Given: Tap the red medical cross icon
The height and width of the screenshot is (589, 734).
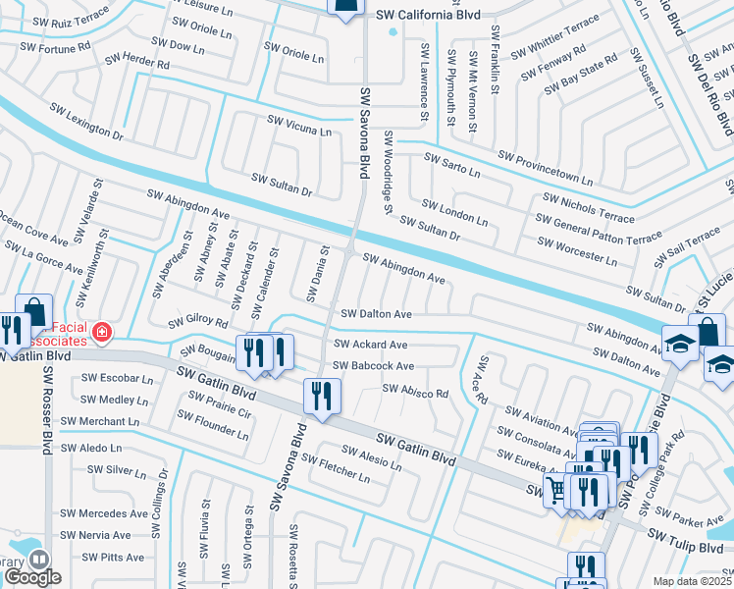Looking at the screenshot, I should (101, 335).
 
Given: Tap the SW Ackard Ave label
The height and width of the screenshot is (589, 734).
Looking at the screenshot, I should (370, 346).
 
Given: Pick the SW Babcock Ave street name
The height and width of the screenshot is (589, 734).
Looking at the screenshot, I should (373, 366).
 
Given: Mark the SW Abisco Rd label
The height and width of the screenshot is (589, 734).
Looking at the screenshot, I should (415, 391).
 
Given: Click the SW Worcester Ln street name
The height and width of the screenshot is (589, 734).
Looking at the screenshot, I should (577, 250).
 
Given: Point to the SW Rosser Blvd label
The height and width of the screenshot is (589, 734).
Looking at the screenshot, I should (46, 409).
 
